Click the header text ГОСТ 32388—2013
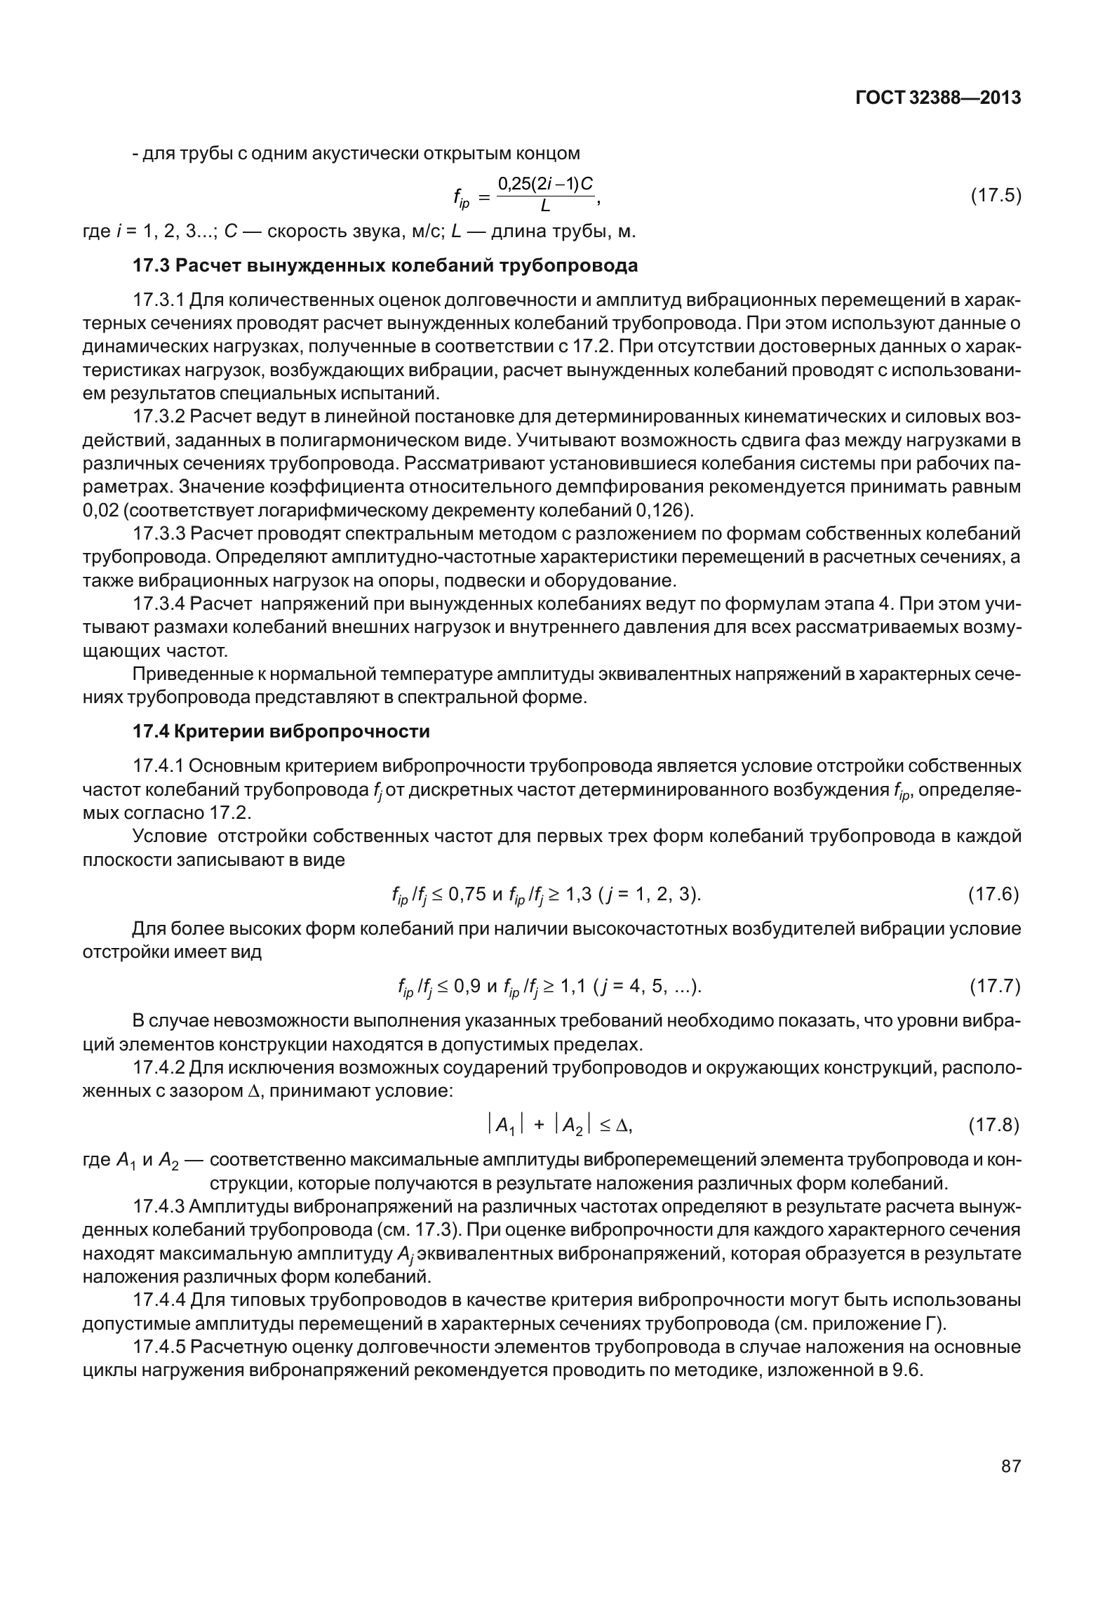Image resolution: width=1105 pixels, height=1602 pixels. click(x=938, y=98)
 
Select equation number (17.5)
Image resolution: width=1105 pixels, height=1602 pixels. click(x=995, y=195)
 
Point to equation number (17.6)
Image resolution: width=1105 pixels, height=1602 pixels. click(x=993, y=894)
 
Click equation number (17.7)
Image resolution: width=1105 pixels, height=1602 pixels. click(x=994, y=987)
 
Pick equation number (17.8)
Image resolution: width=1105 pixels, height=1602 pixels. click(x=993, y=1126)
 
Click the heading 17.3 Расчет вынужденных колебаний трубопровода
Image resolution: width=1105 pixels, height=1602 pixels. click(x=385, y=266)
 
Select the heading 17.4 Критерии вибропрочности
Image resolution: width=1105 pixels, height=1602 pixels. click(x=281, y=732)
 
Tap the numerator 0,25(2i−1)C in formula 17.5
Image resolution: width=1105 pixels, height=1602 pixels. click(x=545, y=184)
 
